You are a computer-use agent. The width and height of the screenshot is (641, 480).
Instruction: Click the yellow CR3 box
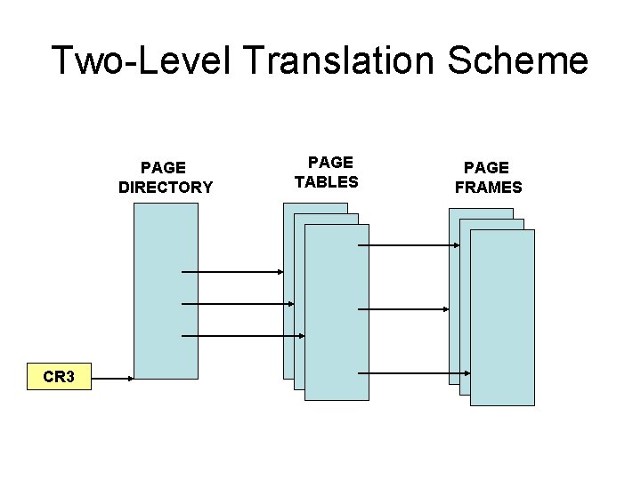tap(59, 377)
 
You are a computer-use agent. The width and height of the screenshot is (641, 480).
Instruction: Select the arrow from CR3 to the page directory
tap(113, 379)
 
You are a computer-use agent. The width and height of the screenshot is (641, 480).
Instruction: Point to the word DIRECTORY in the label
tap(166, 188)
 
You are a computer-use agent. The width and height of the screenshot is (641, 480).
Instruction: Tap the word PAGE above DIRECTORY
tap(164, 167)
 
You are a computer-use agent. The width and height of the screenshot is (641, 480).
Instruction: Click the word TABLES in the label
tap(327, 182)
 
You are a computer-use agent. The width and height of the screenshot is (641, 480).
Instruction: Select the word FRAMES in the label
tap(488, 188)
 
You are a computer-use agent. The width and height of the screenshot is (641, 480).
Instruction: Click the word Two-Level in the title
tap(141, 60)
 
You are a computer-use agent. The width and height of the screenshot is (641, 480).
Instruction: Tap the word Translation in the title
tap(339, 60)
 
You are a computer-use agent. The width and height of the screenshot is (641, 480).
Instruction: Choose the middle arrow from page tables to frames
tap(403, 309)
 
